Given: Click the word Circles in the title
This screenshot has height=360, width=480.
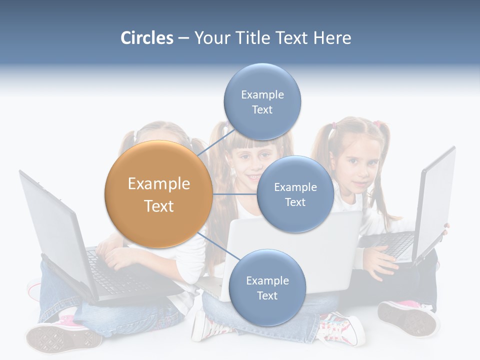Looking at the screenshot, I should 146,38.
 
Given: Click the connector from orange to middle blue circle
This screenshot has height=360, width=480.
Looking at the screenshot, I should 234,194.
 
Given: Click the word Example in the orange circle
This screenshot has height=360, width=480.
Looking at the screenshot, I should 158,184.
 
